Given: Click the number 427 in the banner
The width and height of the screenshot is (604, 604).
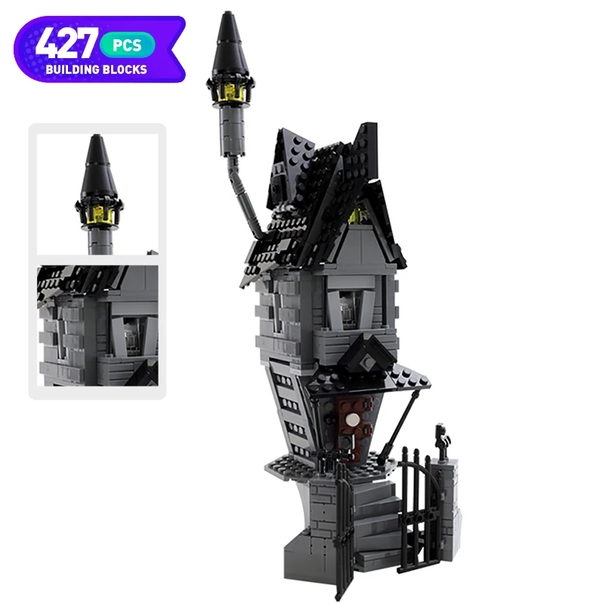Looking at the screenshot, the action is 66,43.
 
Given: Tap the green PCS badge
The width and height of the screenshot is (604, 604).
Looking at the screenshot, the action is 128,45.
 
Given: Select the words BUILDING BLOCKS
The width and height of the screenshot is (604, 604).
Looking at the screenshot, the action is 97,69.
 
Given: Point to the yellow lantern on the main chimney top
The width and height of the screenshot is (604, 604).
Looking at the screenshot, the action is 230,92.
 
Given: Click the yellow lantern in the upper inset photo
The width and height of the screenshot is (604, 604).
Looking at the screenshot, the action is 99,214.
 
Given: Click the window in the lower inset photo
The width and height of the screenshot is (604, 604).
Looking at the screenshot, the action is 131,335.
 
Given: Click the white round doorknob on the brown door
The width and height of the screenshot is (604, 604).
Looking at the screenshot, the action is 352,420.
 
